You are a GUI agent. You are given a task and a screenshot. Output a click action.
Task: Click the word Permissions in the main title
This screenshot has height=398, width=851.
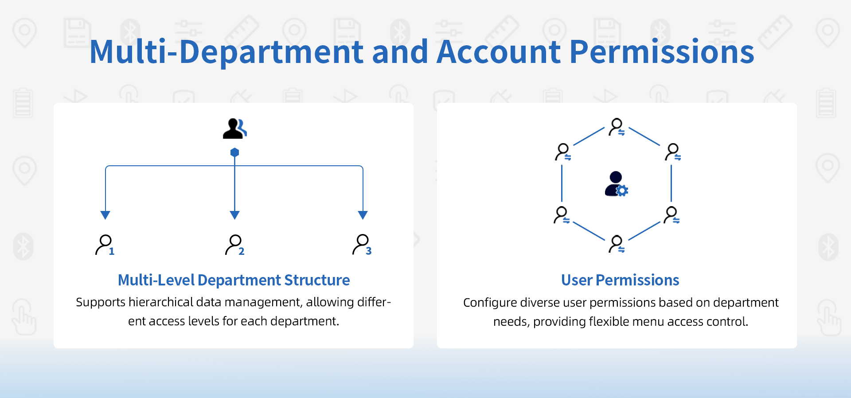(661, 52)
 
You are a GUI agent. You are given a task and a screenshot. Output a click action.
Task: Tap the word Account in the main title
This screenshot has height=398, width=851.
(499, 52)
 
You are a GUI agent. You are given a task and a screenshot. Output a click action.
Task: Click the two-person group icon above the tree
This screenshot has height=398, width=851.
(235, 129)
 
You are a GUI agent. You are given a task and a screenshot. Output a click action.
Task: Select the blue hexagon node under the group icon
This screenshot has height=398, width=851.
(235, 152)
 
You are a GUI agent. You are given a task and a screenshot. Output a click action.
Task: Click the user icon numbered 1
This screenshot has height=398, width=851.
(105, 245)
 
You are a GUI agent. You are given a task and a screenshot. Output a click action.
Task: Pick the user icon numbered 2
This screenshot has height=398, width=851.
(235, 245)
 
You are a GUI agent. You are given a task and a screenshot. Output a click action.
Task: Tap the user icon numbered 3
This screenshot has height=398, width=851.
(362, 245)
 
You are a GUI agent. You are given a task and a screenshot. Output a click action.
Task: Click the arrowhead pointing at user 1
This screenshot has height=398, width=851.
(105, 215)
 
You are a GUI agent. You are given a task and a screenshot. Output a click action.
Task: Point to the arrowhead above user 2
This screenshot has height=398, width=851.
(235, 215)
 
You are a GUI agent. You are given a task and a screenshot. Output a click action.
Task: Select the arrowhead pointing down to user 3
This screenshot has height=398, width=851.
(363, 215)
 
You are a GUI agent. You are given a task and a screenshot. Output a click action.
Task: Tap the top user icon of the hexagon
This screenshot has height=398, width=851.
(617, 127)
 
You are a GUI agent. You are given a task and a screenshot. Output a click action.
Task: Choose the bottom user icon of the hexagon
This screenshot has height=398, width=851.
(617, 244)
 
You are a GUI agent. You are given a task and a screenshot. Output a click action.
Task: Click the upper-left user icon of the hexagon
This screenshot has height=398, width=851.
(563, 152)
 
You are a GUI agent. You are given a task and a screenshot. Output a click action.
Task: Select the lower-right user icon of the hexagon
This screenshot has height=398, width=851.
(671, 215)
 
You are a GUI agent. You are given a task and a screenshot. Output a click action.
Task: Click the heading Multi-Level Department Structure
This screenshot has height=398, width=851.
(234, 280)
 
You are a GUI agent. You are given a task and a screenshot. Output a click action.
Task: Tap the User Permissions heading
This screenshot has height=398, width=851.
(620, 280)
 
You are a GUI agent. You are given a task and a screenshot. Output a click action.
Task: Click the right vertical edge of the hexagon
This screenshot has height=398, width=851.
(671, 183)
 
